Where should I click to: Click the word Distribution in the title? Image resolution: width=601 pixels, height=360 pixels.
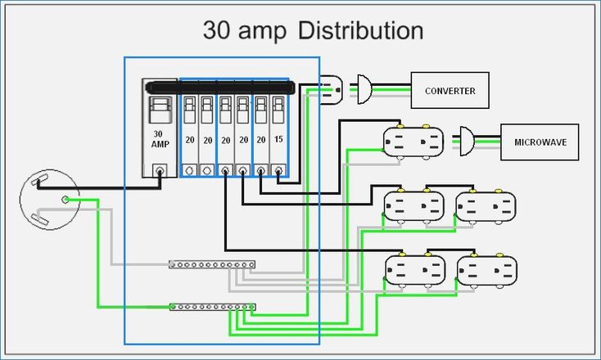360,31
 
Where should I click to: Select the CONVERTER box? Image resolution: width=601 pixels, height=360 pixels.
450,91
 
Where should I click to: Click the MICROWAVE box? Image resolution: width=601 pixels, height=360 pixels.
540,142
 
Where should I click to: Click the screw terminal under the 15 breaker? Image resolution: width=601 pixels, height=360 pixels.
279,170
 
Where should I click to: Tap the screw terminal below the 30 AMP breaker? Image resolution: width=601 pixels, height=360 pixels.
160,170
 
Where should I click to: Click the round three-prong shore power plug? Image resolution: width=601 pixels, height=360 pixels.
50,199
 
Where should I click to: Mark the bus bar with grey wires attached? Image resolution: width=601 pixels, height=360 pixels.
212,264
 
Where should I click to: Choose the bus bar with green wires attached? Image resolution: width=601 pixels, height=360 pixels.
212,307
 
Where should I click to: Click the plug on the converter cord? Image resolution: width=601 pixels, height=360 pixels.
364,89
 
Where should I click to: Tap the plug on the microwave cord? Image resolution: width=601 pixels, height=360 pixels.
465,141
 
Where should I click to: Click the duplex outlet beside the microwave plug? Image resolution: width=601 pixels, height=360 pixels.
413,141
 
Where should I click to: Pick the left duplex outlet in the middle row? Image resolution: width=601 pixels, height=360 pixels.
413,206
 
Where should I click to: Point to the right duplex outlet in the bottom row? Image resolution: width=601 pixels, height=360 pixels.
486,270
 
